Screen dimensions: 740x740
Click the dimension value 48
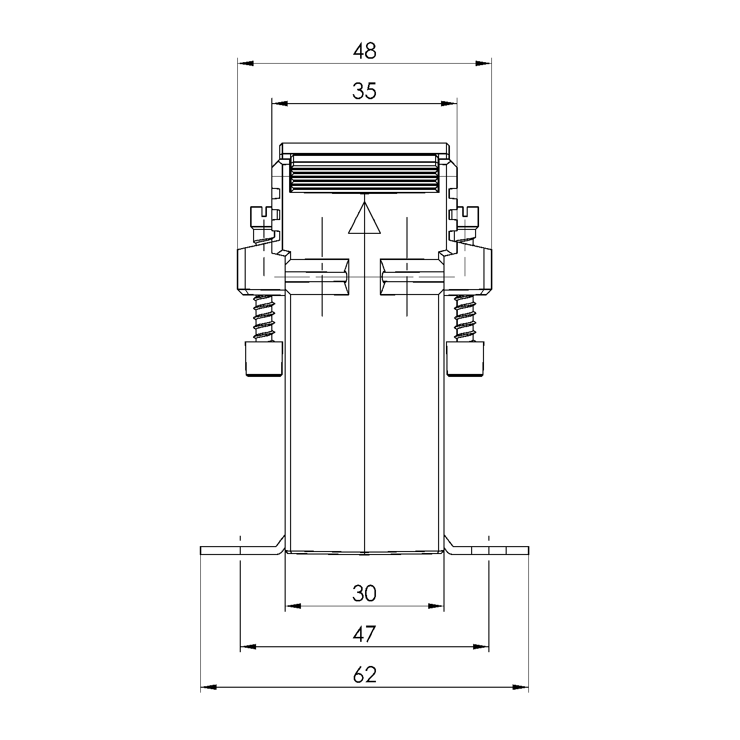(x=365, y=51)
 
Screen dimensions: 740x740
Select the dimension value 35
(x=365, y=91)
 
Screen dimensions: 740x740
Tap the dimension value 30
(x=365, y=593)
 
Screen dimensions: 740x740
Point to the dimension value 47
(x=365, y=634)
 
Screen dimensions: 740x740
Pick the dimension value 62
(x=365, y=675)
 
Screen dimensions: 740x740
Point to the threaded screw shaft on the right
(x=465, y=318)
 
